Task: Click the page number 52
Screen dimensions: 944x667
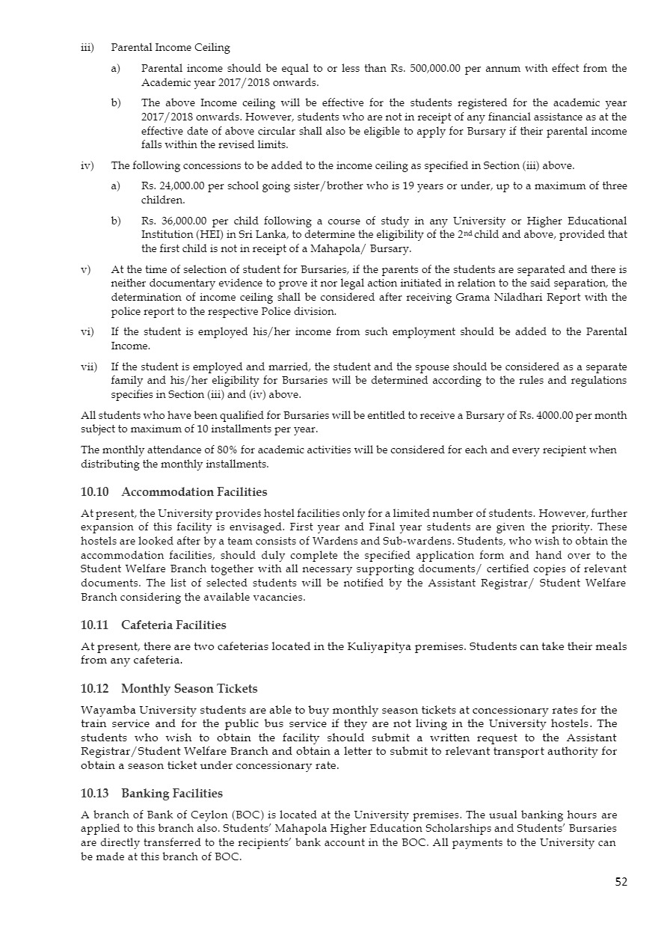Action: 621,882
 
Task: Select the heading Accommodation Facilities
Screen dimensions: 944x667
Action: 194,492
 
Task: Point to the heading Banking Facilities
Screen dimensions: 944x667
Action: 172,793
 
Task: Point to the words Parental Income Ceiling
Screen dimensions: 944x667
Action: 170,48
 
